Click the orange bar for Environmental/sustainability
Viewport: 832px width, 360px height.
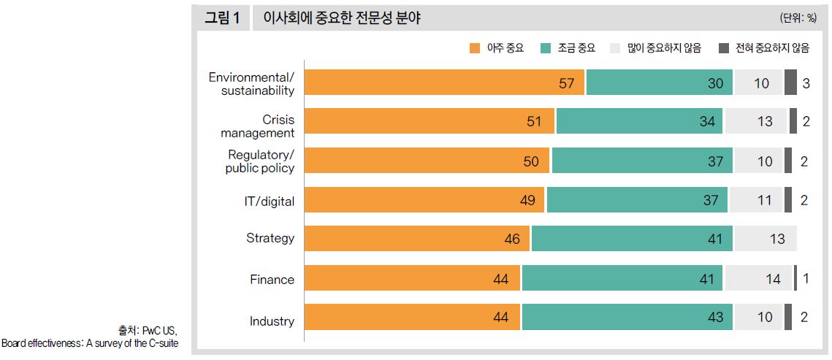pyautogui.click(x=444, y=83)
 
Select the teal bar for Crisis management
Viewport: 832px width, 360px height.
pyautogui.click(x=639, y=121)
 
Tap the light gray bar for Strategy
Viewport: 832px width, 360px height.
pyautogui.click(x=766, y=239)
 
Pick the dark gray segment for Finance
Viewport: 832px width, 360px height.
pyautogui.click(x=795, y=278)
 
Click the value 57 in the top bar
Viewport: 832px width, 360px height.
pyautogui.click(x=567, y=83)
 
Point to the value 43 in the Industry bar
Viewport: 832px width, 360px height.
pyautogui.click(x=715, y=318)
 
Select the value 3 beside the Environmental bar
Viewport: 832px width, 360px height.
pyautogui.click(x=806, y=83)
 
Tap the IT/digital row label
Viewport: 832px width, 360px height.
pyautogui.click(x=269, y=201)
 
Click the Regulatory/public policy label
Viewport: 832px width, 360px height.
pyautogui.click(x=260, y=161)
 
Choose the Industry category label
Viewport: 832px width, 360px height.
pyautogui.click(x=272, y=321)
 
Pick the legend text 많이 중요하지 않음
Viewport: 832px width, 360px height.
pyautogui.click(x=665, y=48)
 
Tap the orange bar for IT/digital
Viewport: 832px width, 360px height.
pyautogui.click(x=424, y=200)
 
